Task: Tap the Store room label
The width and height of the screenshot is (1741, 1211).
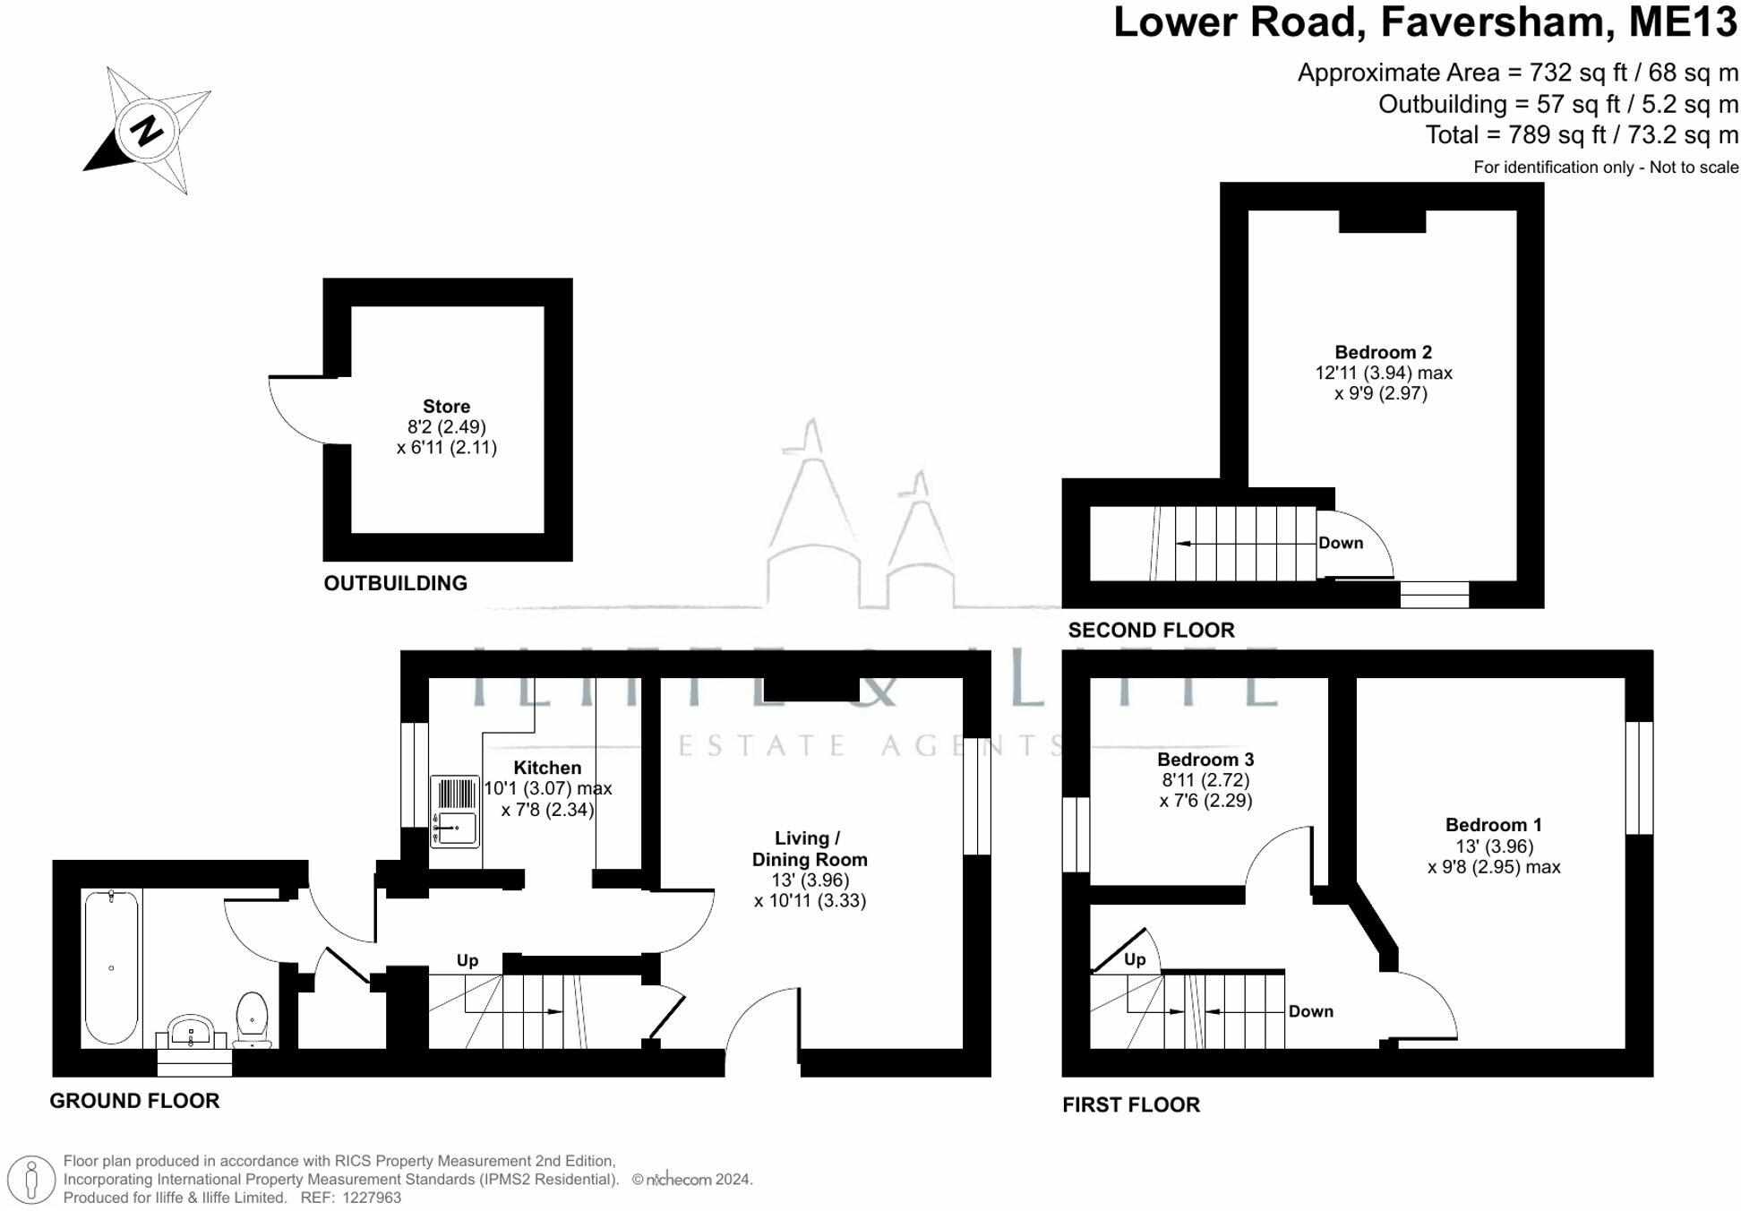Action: coord(446,407)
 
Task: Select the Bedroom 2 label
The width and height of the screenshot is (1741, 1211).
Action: coord(1383,352)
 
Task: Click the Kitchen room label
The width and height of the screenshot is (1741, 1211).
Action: coord(547,768)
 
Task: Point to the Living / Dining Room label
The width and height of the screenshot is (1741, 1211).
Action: coord(810,849)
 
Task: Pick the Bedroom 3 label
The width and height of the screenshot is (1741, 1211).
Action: coord(1205,760)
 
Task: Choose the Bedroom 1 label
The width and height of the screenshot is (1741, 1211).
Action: coord(1494,825)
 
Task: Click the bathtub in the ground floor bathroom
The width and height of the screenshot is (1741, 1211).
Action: coord(111,967)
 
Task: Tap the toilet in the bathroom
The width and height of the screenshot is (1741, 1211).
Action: coord(253,1019)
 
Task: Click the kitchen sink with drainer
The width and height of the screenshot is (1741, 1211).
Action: coord(455,812)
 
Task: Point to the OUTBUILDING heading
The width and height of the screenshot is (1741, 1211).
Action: coord(396,583)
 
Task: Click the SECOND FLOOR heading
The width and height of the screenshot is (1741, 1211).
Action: coord(1151,630)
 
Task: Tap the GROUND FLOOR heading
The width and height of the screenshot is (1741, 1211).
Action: coord(134,1101)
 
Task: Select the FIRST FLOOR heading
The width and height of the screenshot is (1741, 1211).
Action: coord(1131,1104)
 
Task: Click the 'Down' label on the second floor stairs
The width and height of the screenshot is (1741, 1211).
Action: coord(1341,543)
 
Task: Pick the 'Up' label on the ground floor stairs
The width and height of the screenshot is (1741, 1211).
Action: coord(467,960)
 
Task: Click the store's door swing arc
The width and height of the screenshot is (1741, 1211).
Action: coord(285,421)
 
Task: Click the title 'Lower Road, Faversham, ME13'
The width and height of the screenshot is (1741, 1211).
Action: coord(1425,21)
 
